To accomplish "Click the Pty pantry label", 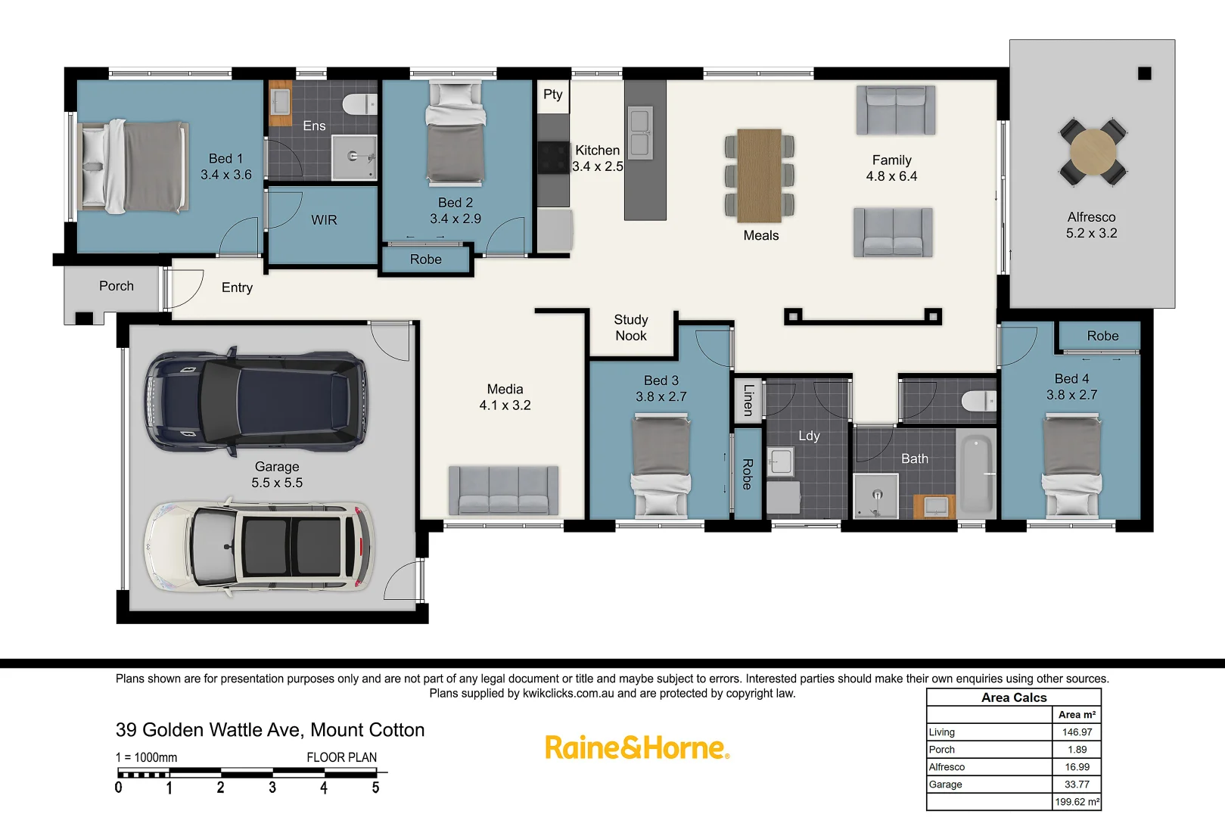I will (x=552, y=95).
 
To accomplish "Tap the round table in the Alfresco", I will (x=1093, y=151).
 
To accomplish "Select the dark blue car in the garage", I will (x=256, y=401).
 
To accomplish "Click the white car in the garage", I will (x=259, y=546).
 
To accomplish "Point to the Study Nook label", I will (x=630, y=328).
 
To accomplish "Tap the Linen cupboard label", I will (x=748, y=399).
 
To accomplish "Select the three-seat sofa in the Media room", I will (x=503, y=490).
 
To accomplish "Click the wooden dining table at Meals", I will (x=759, y=176).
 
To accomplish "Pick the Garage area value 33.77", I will (x=1077, y=784).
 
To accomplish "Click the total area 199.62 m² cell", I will (x=1077, y=802).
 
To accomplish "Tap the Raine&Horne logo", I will (x=636, y=747).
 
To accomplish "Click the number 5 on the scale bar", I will (x=375, y=788).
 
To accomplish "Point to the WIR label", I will (x=324, y=220).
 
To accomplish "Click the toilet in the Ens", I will (x=359, y=104).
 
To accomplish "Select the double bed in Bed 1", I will (x=132, y=166).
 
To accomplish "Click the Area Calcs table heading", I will (x=1013, y=697).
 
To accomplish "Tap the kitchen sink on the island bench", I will (x=640, y=133).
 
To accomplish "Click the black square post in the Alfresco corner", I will (x=1144, y=73).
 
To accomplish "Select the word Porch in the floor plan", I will (x=117, y=286).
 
